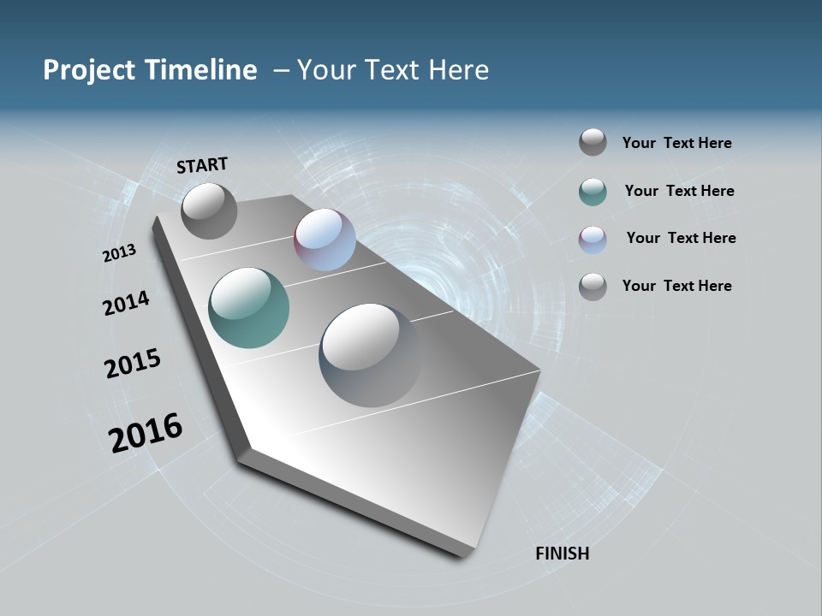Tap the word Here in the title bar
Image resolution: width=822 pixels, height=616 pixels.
458,70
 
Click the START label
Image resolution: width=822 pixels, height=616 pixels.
202,165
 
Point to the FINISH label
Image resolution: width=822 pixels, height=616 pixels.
562,554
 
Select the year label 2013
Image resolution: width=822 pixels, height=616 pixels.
119,253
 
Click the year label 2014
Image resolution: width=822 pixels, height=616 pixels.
126,303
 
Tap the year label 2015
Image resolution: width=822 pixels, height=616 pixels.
133,364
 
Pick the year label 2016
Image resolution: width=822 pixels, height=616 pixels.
146,433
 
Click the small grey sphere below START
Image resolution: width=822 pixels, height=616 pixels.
209,210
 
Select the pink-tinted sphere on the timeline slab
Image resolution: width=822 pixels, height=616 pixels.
325,240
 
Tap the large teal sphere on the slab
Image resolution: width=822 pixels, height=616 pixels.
249,308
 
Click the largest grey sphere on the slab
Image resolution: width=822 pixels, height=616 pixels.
370,355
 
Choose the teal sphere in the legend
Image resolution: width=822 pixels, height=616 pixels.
593,192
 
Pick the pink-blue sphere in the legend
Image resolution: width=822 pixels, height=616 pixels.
593,240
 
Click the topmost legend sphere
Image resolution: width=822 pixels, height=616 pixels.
593,142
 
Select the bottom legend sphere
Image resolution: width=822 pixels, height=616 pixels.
593,287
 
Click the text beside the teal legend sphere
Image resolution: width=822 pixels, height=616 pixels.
679,191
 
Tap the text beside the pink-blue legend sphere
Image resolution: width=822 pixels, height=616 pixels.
681,238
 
